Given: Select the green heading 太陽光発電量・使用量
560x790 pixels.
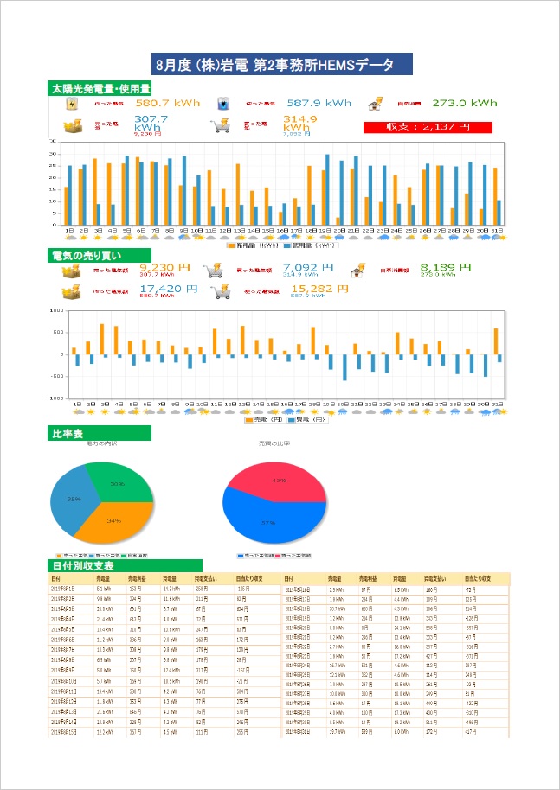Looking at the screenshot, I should pos(100,88).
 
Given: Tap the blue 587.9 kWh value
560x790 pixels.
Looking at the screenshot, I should pos(319,104).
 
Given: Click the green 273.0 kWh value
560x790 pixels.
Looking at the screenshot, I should pos(465,103).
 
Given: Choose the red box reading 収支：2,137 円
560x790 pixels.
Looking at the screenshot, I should pos(441,127).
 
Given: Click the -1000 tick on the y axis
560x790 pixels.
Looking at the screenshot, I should pos(57,399).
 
